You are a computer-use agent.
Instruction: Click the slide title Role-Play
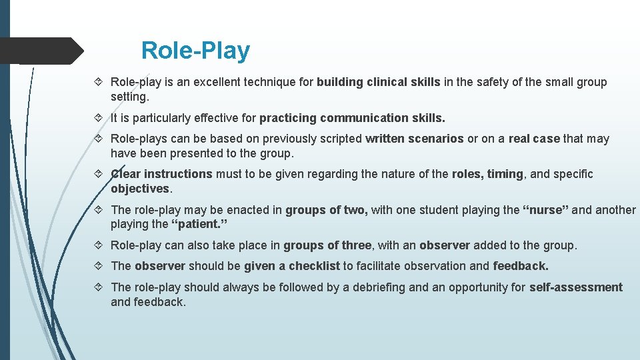[195, 51]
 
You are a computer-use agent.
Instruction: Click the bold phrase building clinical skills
[378, 82]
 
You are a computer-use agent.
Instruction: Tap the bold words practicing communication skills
[352, 118]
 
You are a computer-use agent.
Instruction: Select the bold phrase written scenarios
[414, 139]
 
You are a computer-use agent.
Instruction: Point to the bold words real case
[534, 139]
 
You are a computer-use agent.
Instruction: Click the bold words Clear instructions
[161, 174]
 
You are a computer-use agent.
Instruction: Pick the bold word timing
[505, 174]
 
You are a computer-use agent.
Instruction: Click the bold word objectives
[140, 189]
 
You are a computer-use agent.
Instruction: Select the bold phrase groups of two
[326, 210]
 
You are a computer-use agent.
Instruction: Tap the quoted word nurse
[545, 210]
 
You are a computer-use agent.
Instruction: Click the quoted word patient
[199, 224]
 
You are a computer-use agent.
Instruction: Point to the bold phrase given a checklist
[292, 266]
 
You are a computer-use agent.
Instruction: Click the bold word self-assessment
[575, 287]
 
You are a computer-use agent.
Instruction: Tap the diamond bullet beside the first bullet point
[99, 82]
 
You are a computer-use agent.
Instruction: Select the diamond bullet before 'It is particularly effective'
[99, 118]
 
